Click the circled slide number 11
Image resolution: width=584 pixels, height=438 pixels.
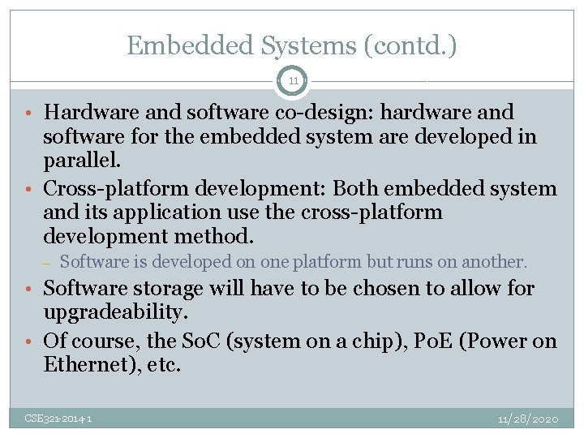pyautogui.click(x=292, y=81)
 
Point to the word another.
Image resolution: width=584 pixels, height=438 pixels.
pyautogui.click(x=495, y=262)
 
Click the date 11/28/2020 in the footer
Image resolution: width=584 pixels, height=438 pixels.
pyautogui.click(x=528, y=419)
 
